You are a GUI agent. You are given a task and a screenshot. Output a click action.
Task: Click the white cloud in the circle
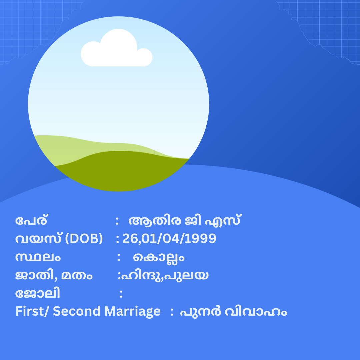(x=117, y=49)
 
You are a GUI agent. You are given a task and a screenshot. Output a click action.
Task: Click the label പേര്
(x=31, y=220)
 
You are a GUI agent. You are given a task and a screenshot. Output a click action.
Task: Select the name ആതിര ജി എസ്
(x=184, y=220)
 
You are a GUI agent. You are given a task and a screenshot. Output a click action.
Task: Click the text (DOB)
(x=84, y=239)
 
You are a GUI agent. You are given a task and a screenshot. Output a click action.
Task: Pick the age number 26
(x=130, y=239)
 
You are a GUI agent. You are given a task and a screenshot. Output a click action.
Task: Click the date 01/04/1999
(x=179, y=239)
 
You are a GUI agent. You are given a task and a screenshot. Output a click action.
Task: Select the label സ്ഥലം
(x=38, y=257)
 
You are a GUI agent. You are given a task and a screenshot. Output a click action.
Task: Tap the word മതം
(x=77, y=276)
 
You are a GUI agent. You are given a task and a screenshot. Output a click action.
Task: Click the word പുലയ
(x=186, y=275)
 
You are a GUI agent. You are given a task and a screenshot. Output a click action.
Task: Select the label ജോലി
(x=38, y=293)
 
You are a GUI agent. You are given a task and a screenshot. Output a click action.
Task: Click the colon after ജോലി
(x=121, y=294)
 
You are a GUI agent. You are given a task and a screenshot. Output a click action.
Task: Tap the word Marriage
(x=132, y=312)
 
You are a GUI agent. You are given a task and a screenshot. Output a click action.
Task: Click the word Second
(x=76, y=311)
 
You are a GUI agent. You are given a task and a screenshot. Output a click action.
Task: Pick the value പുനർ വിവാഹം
(x=233, y=312)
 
